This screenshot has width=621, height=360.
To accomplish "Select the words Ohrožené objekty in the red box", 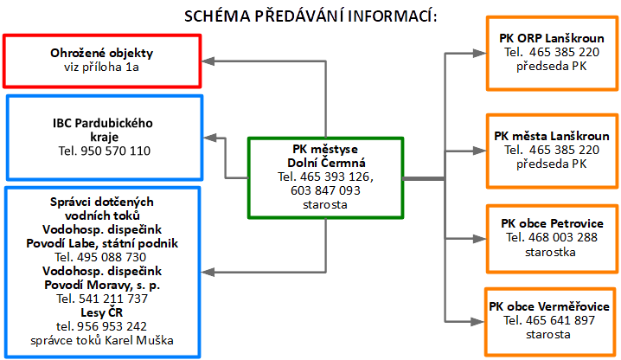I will [103, 54].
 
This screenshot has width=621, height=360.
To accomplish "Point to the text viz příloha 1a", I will [103, 67].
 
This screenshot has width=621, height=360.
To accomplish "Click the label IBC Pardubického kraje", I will [103, 130].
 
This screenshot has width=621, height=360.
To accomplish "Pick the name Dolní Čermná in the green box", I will [327, 163].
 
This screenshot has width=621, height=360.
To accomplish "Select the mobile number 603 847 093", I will [327, 190].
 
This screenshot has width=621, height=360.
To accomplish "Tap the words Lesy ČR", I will [103, 312].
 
